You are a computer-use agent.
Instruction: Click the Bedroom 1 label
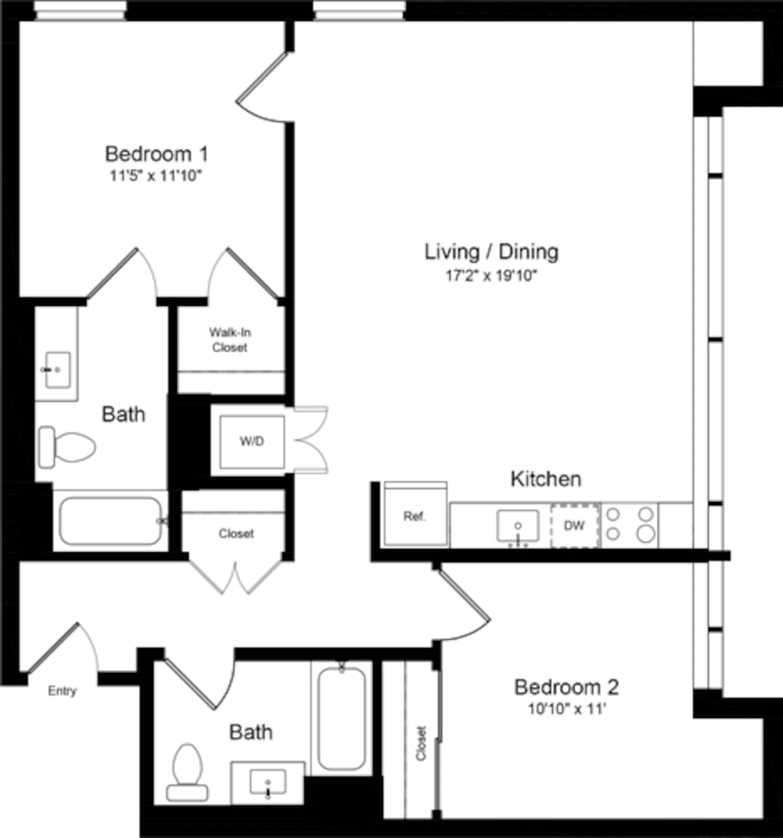pos(157,155)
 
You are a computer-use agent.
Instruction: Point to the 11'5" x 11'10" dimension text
pos(157,176)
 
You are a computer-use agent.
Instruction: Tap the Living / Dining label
pos(491,252)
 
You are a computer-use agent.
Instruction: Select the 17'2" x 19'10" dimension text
pos(491,276)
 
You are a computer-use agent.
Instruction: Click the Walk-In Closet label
pos(230,340)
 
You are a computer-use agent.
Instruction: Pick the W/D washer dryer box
pos(252,441)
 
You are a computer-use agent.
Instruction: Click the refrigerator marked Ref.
pos(415,516)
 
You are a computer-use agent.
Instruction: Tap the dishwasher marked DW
pos(574,526)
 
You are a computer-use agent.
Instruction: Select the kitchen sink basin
pos(518,526)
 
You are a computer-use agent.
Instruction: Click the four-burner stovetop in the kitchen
pos(629,524)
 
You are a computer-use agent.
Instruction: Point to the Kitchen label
pos(545,479)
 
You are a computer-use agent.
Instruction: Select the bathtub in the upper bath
pos(111,521)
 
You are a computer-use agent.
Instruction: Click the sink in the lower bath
pos(268,783)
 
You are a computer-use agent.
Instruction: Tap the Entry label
pos(62,691)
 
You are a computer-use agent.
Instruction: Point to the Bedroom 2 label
pos(566,687)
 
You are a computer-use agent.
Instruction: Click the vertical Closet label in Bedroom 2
pos(421,743)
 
